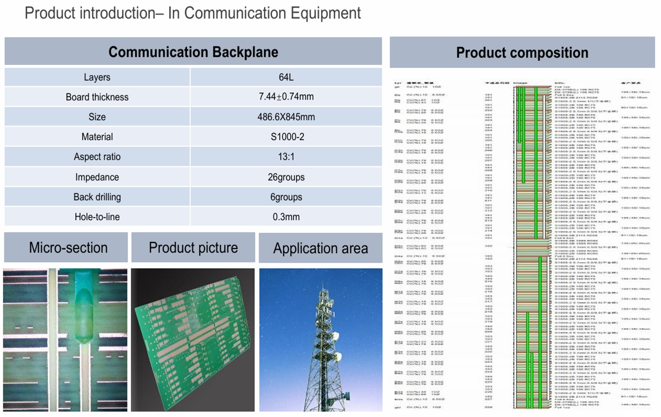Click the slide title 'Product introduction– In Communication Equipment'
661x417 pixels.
coord(192,13)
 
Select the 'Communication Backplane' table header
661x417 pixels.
coord(193,52)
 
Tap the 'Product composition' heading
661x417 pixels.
coord(522,52)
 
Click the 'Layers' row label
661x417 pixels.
coord(97,77)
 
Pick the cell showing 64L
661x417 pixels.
coord(286,77)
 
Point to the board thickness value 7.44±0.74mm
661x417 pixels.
coord(286,97)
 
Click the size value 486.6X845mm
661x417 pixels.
coord(286,117)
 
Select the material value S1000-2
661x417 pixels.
coord(286,137)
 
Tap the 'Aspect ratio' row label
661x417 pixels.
coord(97,157)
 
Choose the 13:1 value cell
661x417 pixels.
coord(286,157)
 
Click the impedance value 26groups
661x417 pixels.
coord(286,176)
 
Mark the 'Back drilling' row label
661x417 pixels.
coord(97,197)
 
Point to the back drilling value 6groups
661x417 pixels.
coord(286,197)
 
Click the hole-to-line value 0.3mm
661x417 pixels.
coord(286,217)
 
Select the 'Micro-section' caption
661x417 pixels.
coord(68,248)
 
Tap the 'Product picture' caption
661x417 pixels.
coord(193,248)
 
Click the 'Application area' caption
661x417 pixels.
coord(320,249)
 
